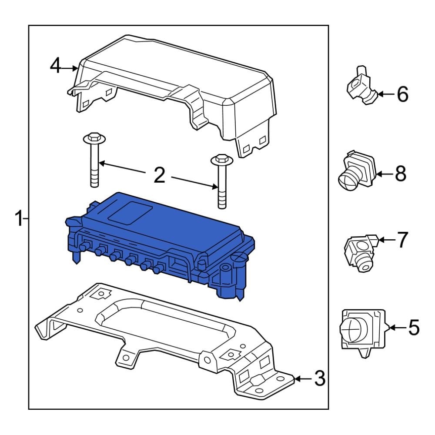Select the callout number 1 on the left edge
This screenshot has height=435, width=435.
tap(18, 218)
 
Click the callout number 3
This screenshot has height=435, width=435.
tap(320, 379)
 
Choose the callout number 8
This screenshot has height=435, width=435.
tap(400, 174)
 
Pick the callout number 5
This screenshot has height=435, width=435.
tap(413, 327)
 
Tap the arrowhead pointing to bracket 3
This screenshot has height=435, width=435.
tap(297, 379)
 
